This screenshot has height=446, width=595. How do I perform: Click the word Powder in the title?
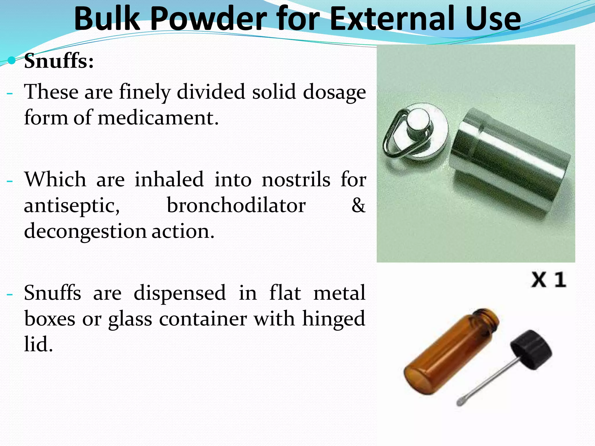tap(209, 19)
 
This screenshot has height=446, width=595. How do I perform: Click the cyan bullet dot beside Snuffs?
tap(12, 60)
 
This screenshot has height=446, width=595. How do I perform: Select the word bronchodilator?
tap(236, 206)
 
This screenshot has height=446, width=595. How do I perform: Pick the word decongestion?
tap(85, 232)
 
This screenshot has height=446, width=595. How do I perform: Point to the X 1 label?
tap(549, 280)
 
